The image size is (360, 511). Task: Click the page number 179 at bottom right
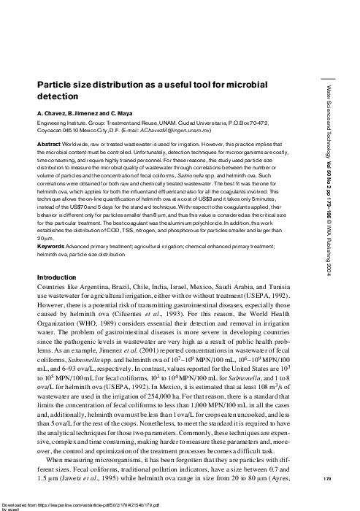[x=332, y=479]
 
